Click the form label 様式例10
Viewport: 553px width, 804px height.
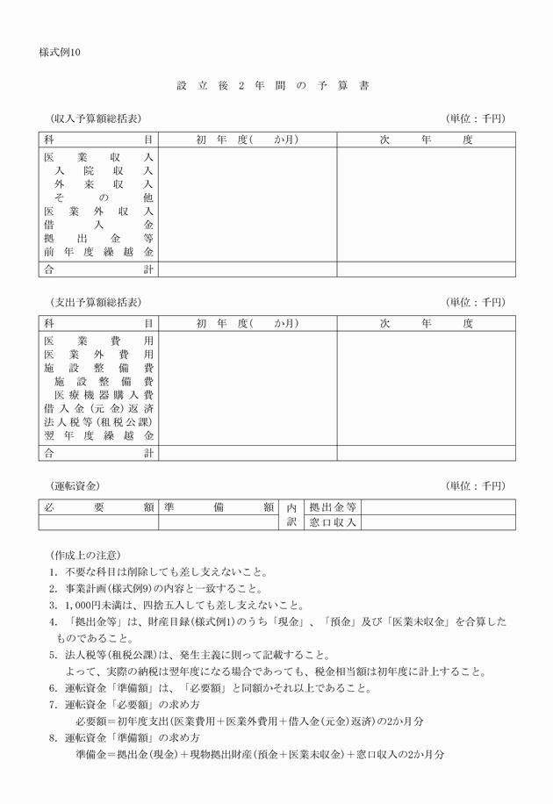(60, 53)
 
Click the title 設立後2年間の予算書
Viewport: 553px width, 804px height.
(272, 86)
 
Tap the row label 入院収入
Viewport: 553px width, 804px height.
(103, 171)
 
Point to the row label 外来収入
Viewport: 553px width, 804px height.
(103, 185)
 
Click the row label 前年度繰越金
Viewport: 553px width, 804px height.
(98, 252)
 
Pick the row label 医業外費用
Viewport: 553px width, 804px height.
(98, 354)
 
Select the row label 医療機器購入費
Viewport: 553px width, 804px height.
(103, 396)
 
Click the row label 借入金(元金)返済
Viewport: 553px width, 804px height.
(98, 409)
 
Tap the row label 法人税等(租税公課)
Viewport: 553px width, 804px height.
(98, 422)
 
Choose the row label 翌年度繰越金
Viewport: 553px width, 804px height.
(98, 436)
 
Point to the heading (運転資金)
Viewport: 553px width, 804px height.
(76, 486)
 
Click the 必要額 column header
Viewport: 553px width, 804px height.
(98, 507)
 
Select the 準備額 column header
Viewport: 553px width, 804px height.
(219, 507)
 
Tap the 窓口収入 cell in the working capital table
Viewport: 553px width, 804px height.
(333, 522)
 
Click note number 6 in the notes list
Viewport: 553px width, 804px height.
(54, 687)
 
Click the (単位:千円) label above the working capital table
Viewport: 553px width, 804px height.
(476, 486)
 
